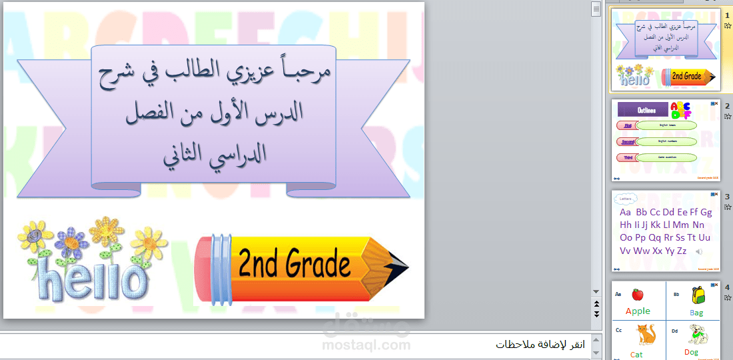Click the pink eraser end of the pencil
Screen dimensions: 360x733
[x=203, y=267]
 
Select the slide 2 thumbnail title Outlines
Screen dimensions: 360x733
[x=642, y=110]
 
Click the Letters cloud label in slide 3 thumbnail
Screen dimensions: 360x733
[x=626, y=198]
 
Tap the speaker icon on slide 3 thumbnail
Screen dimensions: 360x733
[x=699, y=251]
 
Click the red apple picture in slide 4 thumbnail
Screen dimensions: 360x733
[x=637, y=294]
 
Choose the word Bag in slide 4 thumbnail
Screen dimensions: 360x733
[x=696, y=312]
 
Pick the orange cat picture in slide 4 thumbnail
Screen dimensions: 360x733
[x=644, y=333]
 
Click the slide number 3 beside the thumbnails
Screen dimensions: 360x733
[x=727, y=197]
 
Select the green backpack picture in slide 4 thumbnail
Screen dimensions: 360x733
[x=698, y=294]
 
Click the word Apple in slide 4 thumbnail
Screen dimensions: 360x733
[x=638, y=311]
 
